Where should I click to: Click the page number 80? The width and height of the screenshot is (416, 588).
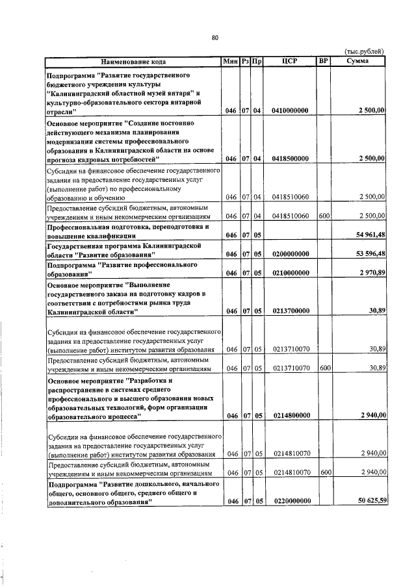[x=214, y=37]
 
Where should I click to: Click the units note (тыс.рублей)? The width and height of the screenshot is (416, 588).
[x=364, y=52]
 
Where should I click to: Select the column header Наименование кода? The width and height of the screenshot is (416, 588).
[x=133, y=62]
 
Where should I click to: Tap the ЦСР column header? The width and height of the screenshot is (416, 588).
[x=290, y=62]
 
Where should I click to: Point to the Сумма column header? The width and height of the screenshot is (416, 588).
[x=358, y=62]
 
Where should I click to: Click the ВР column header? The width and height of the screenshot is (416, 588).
[x=323, y=62]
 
